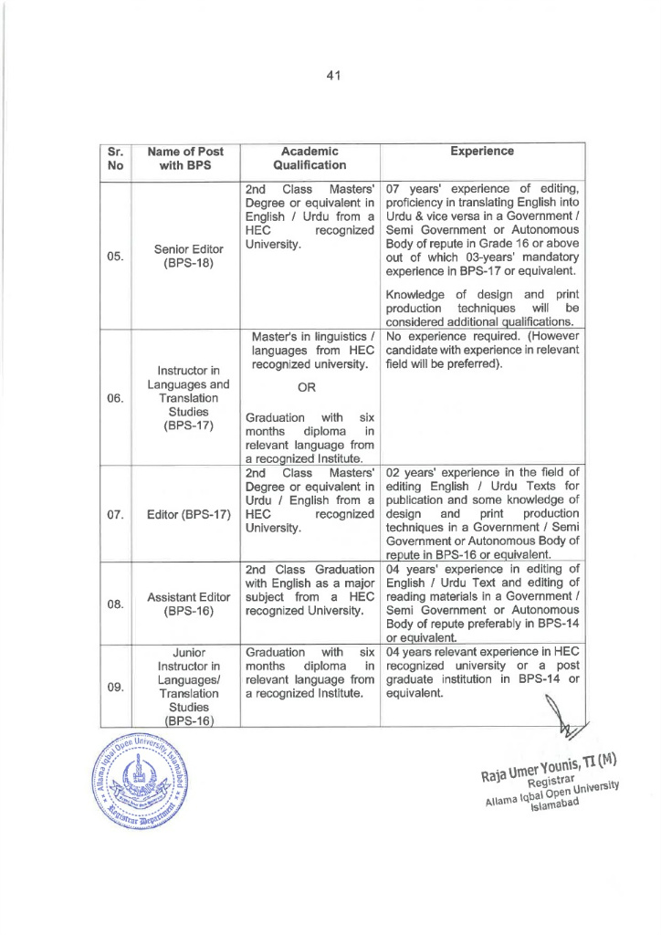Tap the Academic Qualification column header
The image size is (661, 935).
310,158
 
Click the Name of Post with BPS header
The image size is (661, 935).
185,158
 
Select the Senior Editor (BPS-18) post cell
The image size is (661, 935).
185,257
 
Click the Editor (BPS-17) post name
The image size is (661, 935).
185,513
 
